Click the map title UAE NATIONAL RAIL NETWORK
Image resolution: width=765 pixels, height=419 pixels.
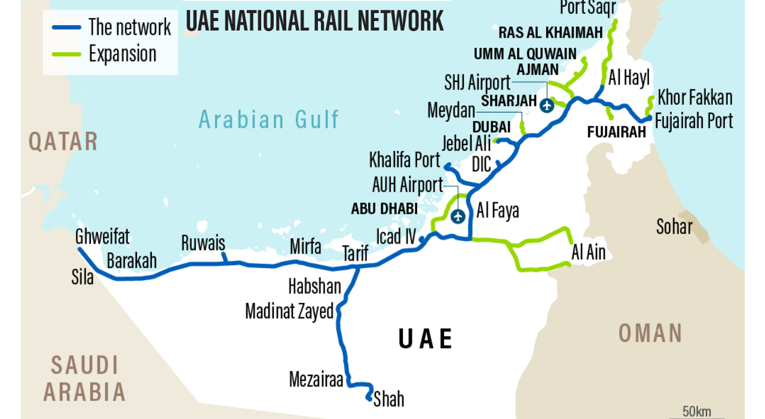(x=314, y=21)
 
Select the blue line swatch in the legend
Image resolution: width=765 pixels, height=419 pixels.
(x=66, y=27)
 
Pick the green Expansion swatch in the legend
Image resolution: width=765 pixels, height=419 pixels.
(x=66, y=54)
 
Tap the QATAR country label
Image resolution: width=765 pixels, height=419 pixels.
(x=63, y=142)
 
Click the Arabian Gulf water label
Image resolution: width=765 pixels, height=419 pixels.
(x=269, y=120)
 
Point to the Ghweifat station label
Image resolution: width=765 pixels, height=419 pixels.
(x=102, y=237)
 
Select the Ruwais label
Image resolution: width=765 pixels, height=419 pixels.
(x=203, y=243)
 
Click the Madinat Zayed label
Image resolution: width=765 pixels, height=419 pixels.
(x=289, y=311)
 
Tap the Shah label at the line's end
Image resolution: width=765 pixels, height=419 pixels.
(x=388, y=399)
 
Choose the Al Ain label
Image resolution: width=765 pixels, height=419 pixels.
(x=588, y=253)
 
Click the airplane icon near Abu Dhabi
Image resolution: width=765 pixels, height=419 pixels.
(x=458, y=217)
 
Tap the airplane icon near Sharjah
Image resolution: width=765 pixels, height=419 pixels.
(x=546, y=105)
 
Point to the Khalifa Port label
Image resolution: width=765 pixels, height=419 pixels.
(x=405, y=160)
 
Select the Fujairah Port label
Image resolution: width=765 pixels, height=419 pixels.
(x=694, y=120)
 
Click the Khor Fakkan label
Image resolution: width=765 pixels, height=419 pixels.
(x=695, y=97)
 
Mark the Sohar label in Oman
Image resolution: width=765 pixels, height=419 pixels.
(x=674, y=227)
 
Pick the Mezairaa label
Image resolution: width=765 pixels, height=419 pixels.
(x=316, y=379)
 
